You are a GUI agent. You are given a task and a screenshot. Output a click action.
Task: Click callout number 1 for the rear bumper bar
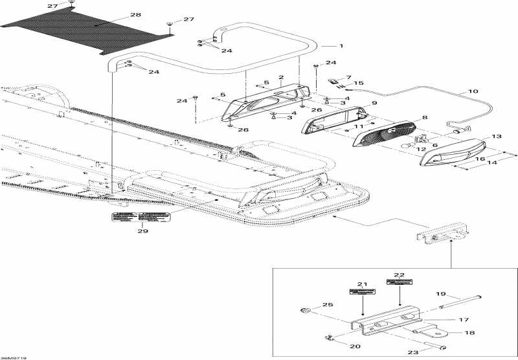point(341,46)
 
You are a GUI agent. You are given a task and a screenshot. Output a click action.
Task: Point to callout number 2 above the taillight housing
point(281,77)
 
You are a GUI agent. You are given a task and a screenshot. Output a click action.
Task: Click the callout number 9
point(374,102)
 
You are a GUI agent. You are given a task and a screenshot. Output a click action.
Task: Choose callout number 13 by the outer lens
point(497,137)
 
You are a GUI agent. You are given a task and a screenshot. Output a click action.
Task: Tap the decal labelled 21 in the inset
point(363,293)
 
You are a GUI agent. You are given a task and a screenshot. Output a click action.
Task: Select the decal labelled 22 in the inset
point(399,282)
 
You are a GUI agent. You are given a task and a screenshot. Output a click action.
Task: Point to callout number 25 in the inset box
point(327,304)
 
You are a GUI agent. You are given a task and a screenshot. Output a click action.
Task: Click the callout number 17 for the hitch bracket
point(463,319)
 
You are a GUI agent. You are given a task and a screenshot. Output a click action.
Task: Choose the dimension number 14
point(493,164)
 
